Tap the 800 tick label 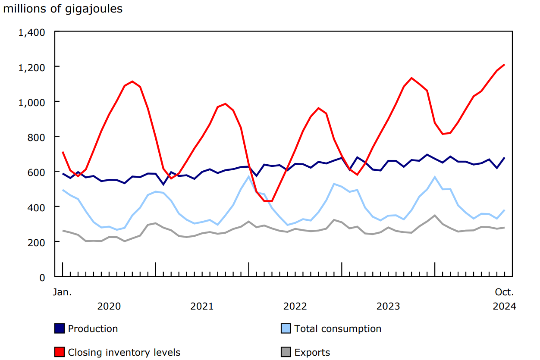pos(36,137)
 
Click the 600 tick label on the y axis pos(36,172)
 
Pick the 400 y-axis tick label pos(36,207)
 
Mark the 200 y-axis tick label pos(36,242)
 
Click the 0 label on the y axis pos(42,278)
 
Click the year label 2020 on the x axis pos(109,307)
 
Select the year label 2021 pos(202,307)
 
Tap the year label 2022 pos(295,307)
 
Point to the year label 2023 pos(388,307)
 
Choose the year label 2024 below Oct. pos(504,307)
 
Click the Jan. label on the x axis pos(63,292)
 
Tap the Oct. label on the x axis pos(504,292)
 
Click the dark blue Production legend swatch pos(60,329)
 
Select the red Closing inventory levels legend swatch pos(60,352)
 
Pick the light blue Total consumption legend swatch pos(286,329)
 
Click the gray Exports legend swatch pos(286,352)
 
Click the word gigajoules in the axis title pos(94,9)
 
